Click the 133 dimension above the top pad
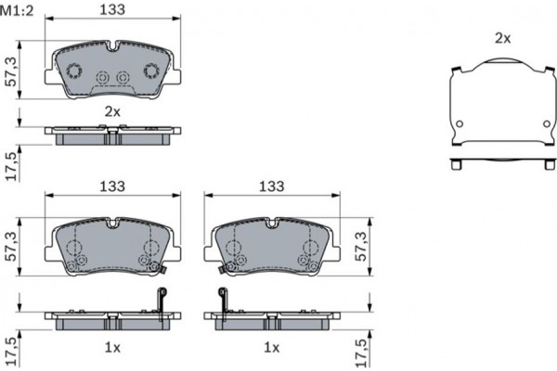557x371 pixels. point(111,10)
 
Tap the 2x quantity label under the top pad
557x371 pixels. point(111,110)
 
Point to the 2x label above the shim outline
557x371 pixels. point(502,38)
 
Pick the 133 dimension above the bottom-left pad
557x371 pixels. point(111,186)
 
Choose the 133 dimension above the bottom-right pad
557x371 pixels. point(270,186)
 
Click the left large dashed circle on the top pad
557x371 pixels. point(74,70)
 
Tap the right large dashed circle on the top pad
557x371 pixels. point(150,70)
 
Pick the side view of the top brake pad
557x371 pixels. point(112,136)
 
